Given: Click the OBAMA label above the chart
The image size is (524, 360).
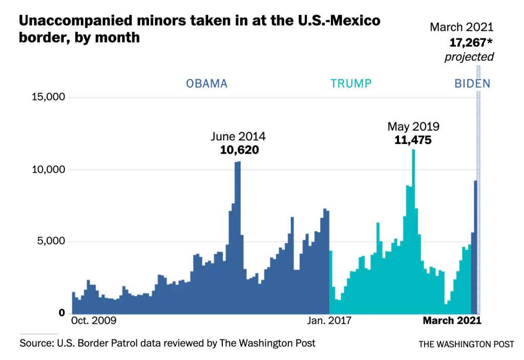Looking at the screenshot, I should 206,83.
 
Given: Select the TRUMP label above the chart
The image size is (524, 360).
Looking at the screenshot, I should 351,83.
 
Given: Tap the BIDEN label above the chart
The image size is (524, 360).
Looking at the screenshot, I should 472,83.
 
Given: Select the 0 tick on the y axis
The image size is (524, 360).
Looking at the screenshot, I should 62,313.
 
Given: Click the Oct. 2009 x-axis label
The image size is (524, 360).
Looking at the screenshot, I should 94,321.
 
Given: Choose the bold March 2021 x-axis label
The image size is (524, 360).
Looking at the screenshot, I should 451,321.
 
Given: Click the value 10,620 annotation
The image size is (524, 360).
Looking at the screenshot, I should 238,150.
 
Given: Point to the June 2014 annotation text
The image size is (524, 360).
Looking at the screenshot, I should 238,137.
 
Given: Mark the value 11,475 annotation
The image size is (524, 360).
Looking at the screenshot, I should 413,140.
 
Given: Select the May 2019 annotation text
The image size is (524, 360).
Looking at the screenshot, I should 413,126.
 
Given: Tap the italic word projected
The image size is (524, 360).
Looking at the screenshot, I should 469,56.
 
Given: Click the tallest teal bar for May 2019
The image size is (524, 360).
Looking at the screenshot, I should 413,230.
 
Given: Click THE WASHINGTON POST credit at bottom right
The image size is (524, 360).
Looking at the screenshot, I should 466,344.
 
